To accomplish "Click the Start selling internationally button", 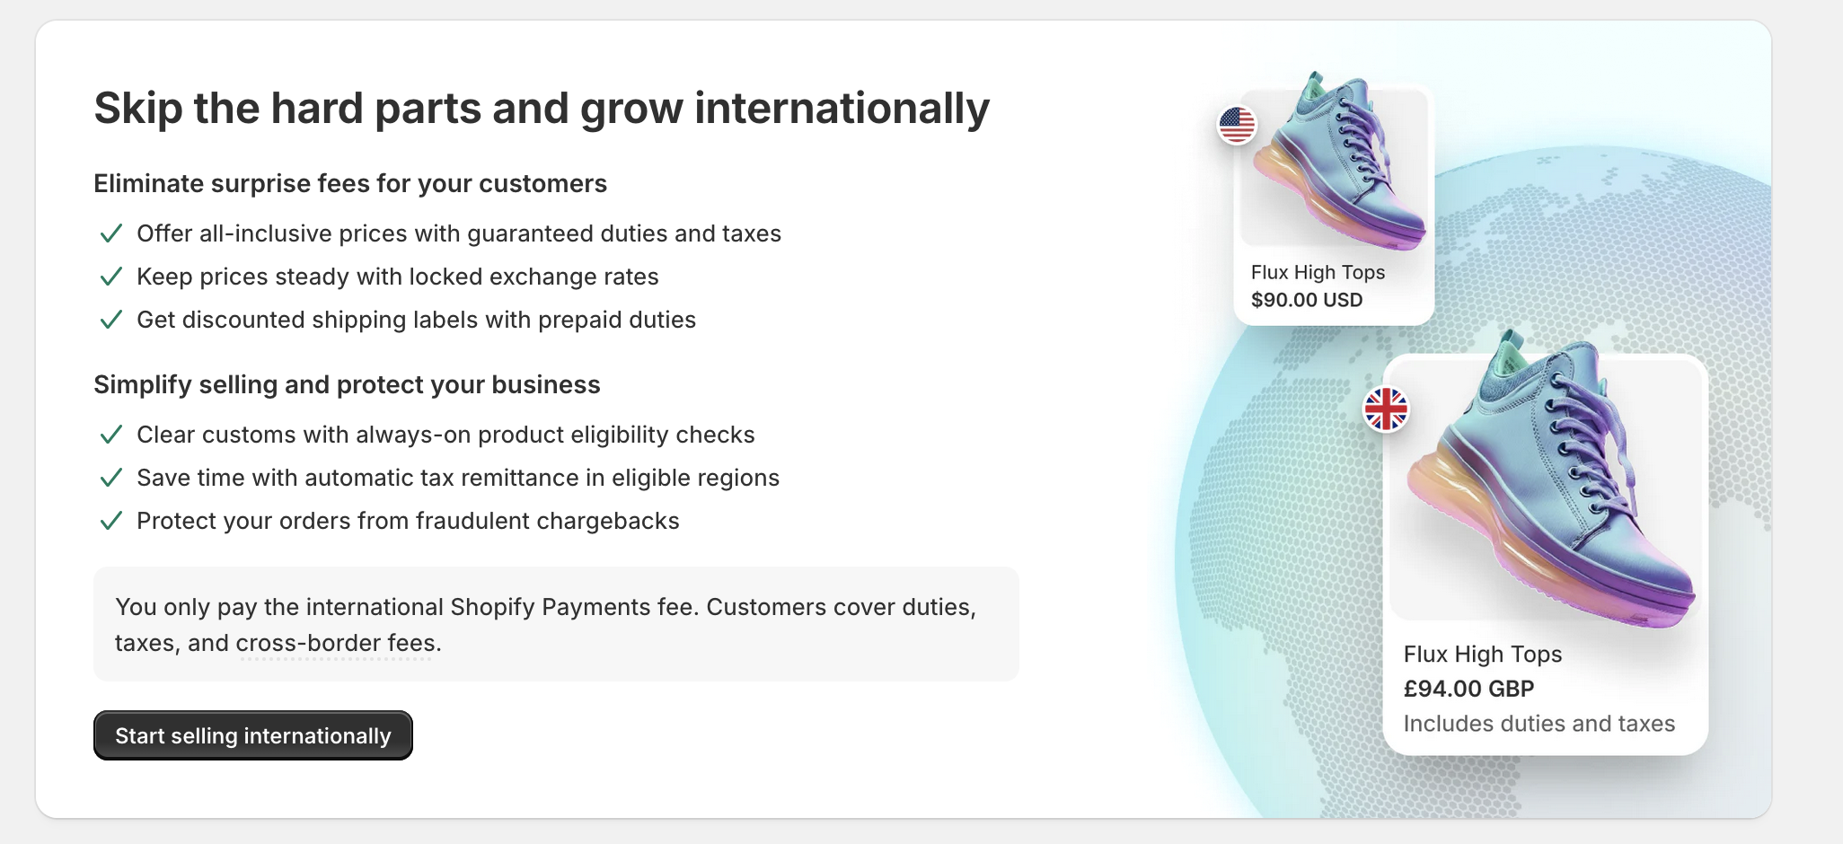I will click(x=252, y=735).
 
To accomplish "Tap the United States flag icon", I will click(x=1237, y=125).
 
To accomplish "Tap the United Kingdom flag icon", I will click(x=1386, y=409).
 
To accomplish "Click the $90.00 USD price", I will click(x=1307, y=300).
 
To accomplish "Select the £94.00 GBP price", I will click(x=1468, y=689).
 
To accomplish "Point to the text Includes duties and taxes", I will click(x=1539, y=724).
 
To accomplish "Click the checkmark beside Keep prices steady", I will click(x=110, y=277).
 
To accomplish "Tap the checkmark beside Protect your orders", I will click(x=110, y=521).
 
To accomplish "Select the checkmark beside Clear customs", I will click(x=110, y=435).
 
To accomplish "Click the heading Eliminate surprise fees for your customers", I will click(x=350, y=183).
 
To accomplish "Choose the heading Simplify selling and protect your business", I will click(x=347, y=384).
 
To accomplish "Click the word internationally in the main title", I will click(x=842, y=109).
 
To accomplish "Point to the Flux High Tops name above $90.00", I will click(x=1318, y=272).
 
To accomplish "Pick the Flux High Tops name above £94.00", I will click(x=1482, y=655).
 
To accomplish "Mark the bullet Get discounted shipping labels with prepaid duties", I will click(x=416, y=320).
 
